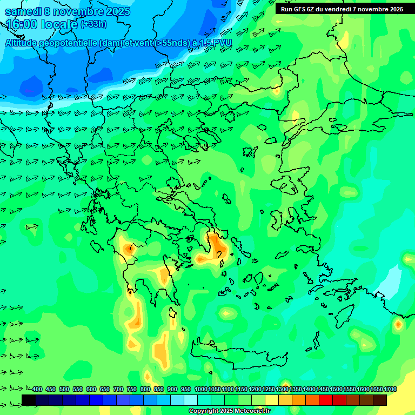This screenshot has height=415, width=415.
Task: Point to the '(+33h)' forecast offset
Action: (x=93, y=24)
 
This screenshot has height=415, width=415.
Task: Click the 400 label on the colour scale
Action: (x=37, y=389)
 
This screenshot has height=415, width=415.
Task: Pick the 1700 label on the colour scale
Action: (x=390, y=389)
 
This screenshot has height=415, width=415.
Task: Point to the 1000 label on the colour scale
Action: (x=201, y=389)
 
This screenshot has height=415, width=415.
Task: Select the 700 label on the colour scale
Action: (x=118, y=389)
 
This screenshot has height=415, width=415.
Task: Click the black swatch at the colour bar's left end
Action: (x=29, y=400)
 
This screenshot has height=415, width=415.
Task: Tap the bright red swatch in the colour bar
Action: (x=326, y=400)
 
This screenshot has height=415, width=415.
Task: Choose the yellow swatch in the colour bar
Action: (x=272, y=400)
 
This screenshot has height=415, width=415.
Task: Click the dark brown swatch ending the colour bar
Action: (x=380, y=400)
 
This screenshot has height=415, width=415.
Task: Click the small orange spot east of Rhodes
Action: (x=398, y=324)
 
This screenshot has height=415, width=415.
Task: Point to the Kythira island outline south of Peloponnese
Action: (x=173, y=313)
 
